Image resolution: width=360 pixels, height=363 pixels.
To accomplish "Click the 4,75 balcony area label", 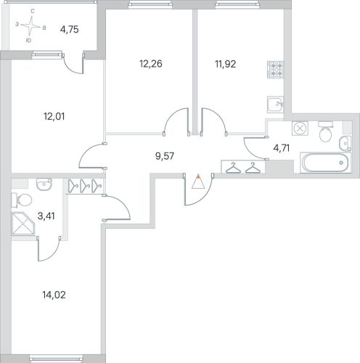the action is pyautogui.click(x=70, y=30).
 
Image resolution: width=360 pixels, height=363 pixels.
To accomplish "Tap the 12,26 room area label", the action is pyautogui.click(x=151, y=64).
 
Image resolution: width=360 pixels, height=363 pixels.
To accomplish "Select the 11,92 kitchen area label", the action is pyautogui.click(x=226, y=64).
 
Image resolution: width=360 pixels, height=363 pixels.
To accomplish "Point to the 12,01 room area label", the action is pyautogui.click(x=54, y=116).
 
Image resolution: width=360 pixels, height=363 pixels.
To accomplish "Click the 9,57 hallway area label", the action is pyautogui.click(x=165, y=156).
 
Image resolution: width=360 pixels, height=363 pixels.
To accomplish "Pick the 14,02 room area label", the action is pyautogui.click(x=54, y=295).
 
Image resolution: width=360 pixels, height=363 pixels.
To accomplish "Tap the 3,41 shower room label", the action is pyautogui.click(x=46, y=216).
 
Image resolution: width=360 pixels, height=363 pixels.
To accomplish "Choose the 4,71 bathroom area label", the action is pyautogui.click(x=282, y=147).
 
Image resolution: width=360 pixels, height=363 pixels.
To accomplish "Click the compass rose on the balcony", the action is pyautogui.click(x=31, y=25).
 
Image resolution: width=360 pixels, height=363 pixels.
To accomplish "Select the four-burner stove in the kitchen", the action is pyautogui.click(x=276, y=70).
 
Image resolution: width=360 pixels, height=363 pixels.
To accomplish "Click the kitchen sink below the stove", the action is pyautogui.click(x=276, y=105).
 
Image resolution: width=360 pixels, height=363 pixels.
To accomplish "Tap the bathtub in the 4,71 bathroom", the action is pyautogui.click(x=326, y=163).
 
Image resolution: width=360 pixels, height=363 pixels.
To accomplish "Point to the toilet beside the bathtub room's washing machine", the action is pyautogui.click(x=326, y=132).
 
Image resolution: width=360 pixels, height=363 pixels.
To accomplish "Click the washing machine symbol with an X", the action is pyautogui.click(x=300, y=129).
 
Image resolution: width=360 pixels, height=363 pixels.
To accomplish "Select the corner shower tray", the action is pyautogui.click(x=23, y=224).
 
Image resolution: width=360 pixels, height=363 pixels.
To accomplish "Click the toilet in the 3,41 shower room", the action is pyautogui.click(x=22, y=200).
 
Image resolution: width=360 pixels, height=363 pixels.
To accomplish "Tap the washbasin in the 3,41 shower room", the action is pyautogui.click(x=44, y=184).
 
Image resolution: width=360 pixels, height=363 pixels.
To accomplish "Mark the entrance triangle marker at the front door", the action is pyautogui.click(x=198, y=181).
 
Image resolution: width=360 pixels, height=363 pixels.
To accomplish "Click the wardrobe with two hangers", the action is pyautogui.click(x=243, y=167).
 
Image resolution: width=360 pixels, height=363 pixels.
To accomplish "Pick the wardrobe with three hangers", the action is pyautogui.click(x=85, y=186).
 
